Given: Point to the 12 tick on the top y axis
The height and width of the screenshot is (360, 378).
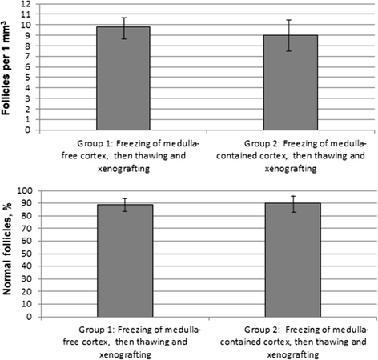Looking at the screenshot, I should coord(27,4).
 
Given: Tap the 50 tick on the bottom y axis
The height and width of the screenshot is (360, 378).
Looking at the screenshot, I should coord(27,254).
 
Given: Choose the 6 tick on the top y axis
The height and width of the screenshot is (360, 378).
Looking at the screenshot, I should coord(30,67).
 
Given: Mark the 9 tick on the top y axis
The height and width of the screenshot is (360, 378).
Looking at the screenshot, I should coord(30,36).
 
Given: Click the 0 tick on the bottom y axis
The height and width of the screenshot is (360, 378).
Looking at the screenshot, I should coord(30,316).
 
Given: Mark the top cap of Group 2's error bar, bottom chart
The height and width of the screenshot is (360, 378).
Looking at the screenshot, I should coord(294,196).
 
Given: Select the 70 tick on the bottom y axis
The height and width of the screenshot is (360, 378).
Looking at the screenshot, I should coord(27,229).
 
